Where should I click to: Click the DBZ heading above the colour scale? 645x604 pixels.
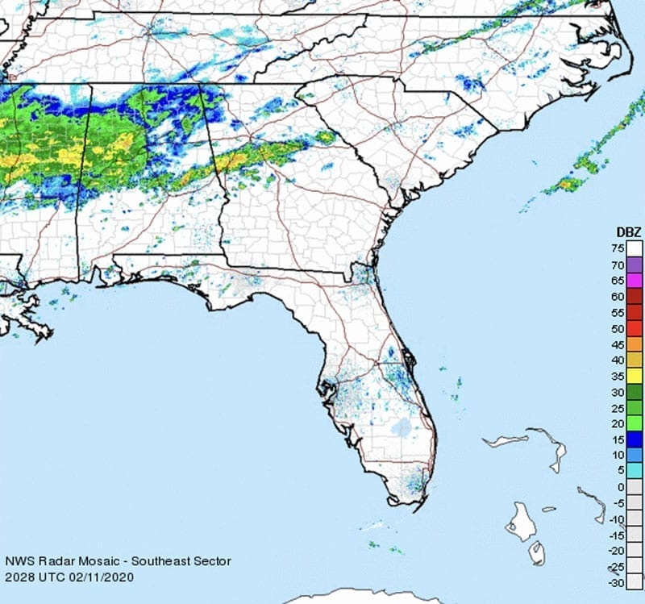(625, 232)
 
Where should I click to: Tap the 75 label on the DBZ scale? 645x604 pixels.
(618, 249)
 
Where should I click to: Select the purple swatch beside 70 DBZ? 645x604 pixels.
(635, 265)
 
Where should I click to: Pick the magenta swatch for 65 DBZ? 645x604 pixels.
(635, 281)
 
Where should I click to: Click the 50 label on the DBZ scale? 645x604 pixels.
(618, 328)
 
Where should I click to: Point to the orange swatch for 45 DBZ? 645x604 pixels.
(635, 344)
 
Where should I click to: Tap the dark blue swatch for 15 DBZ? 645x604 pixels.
(635, 439)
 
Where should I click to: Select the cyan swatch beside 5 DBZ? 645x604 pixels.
(635, 470)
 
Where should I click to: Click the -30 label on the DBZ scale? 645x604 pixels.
(616, 581)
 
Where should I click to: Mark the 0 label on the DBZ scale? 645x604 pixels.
(620, 486)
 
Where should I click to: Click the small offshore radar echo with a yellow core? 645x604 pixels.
(568, 184)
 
